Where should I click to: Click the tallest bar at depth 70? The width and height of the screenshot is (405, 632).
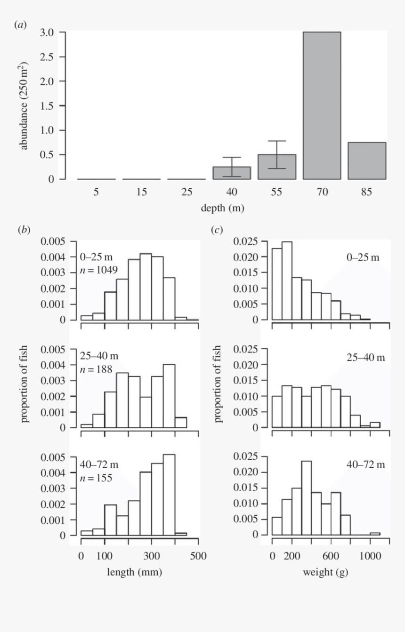coord(322,105)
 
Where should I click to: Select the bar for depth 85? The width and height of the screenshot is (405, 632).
coord(367,160)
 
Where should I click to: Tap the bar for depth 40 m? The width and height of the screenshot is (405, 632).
coord(232,173)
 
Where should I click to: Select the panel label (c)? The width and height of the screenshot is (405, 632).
coord(217,230)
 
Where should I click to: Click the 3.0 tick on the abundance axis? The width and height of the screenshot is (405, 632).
coord(48,32)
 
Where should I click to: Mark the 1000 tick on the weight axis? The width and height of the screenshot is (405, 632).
coord(370,556)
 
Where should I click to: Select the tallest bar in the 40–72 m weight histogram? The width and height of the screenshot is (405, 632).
coord(306,498)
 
